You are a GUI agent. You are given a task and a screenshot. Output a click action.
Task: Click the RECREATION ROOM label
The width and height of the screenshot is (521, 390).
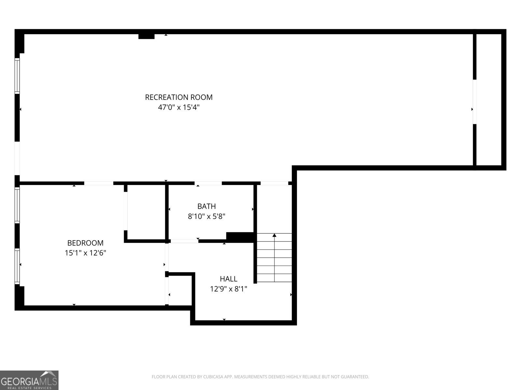178,97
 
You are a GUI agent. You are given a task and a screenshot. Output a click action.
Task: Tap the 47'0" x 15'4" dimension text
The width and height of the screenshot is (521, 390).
178,107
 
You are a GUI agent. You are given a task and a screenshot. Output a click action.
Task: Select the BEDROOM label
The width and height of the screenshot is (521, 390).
85,243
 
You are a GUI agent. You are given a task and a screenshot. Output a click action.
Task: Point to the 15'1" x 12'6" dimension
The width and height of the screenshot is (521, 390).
85,253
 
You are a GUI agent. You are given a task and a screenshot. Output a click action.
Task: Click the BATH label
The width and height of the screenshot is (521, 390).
206,206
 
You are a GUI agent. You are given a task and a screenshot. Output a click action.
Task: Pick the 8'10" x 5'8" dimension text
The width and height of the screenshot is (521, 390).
206,216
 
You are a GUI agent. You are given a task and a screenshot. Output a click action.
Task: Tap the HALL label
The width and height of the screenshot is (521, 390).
229,279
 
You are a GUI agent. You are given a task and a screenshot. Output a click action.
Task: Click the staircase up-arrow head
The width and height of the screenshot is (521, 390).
275,235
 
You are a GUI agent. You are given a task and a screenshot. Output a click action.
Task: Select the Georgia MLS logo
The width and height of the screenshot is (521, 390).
29,380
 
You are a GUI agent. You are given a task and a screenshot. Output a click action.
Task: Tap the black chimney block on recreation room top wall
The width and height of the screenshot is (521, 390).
146,36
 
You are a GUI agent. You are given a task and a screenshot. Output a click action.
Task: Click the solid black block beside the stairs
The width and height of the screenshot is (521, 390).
240,237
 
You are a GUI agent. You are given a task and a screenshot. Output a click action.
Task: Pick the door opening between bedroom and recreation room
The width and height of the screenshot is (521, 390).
99,183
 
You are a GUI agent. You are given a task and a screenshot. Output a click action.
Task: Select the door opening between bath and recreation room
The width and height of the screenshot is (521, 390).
208,183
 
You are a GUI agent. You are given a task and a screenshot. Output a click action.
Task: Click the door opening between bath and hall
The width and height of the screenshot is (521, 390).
184,241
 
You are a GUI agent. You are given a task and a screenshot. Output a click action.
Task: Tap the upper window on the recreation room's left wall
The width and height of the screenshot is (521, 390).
17,76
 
